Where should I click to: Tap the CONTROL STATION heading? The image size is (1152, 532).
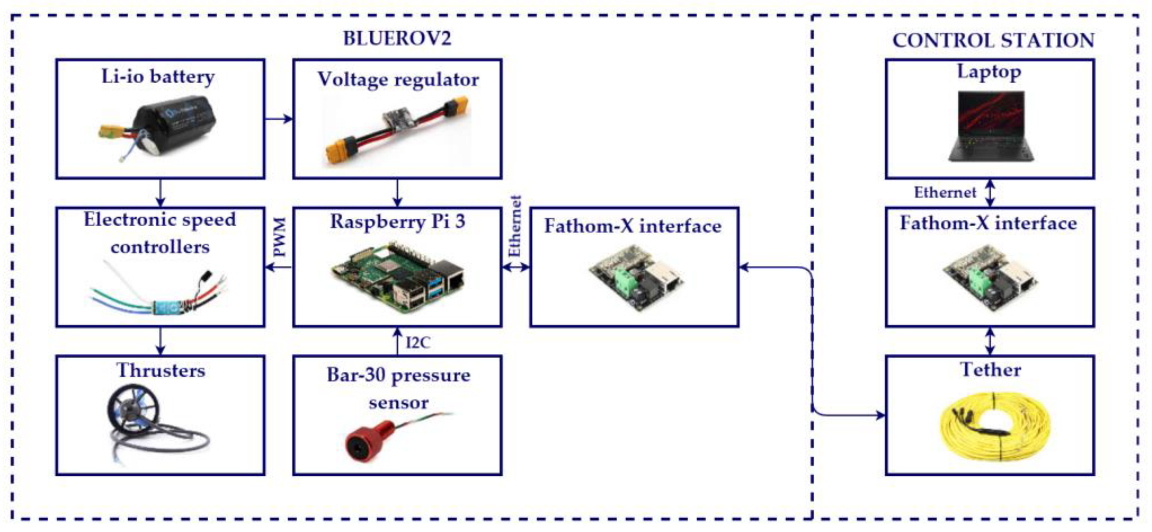point(993,41)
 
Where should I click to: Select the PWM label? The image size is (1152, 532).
point(280,237)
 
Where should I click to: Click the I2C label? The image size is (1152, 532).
point(418,343)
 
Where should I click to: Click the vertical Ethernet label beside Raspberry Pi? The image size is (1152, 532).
point(515,226)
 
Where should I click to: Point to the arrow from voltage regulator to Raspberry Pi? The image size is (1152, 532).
point(397,193)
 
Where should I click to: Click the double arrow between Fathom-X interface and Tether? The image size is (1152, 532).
point(990,341)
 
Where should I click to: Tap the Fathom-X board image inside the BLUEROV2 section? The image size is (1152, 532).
point(635,277)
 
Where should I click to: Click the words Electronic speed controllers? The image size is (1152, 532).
point(160,233)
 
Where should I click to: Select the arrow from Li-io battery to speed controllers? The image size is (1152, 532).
point(161,193)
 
